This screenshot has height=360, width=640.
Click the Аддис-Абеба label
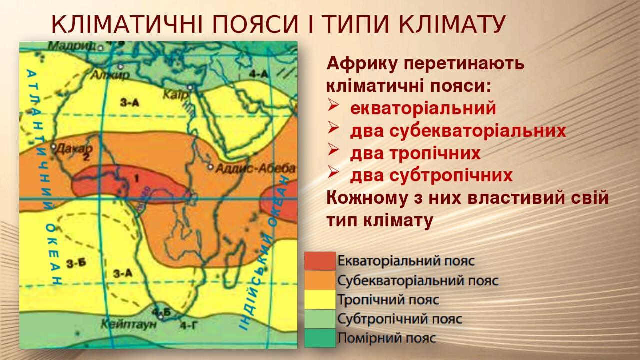tap(255, 169)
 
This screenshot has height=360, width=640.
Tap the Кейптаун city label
tap(128, 324)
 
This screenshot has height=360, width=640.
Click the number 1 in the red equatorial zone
tap(136, 178)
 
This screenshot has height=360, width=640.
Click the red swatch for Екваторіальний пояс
tap(320, 261)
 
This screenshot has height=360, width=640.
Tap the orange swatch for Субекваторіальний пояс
tap(320, 280)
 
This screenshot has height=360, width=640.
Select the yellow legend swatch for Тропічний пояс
tap(320, 300)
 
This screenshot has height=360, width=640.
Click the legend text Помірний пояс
tap(387, 338)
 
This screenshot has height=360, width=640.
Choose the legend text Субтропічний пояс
tap(400, 319)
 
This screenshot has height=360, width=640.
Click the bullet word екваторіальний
tap(423, 108)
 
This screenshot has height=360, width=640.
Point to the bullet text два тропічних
tap(415, 153)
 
